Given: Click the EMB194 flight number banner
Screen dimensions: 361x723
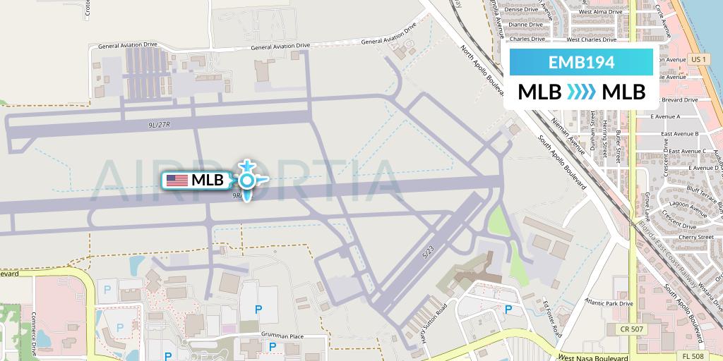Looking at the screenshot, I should click(581, 62).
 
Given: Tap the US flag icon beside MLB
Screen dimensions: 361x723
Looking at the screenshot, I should click(177, 180).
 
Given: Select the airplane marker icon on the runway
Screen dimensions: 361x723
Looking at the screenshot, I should click(246, 180).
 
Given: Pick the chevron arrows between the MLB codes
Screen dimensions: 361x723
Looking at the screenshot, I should click(581, 92).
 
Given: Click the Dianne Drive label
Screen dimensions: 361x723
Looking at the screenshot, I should click(525, 25).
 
